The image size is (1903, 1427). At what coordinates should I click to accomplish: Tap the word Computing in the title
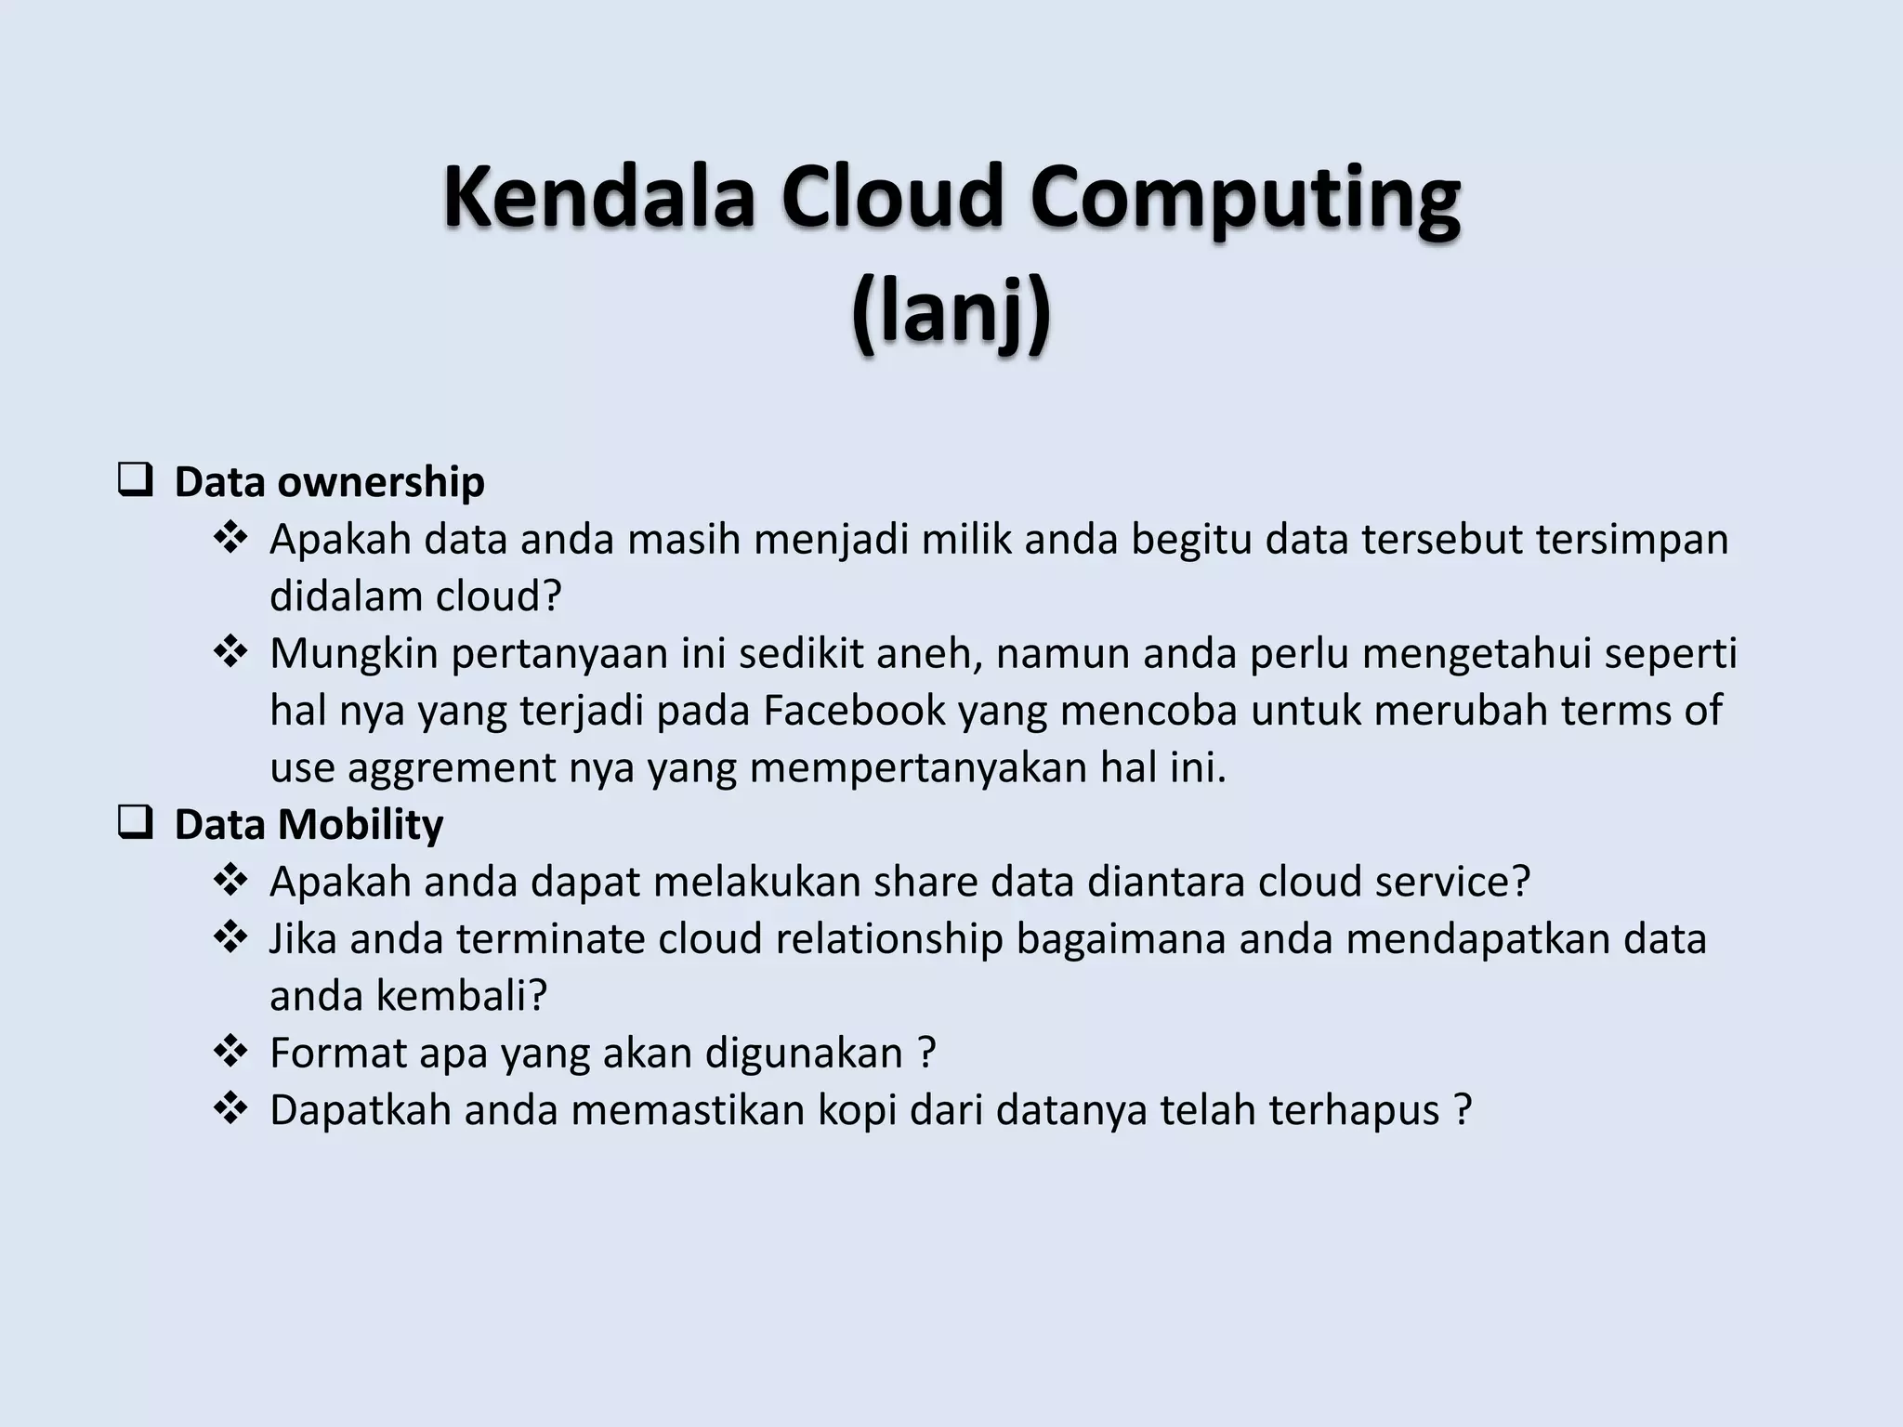pos(1245,197)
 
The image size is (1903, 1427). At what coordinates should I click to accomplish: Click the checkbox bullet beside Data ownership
pos(136,482)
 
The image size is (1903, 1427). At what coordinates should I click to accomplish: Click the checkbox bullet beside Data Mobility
pos(136,824)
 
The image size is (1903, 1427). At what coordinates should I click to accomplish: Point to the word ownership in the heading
pos(380,482)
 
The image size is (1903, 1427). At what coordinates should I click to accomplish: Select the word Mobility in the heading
pos(361,824)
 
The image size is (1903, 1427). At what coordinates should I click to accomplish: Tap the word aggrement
pos(450,768)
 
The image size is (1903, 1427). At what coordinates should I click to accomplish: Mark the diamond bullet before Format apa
pos(230,1052)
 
